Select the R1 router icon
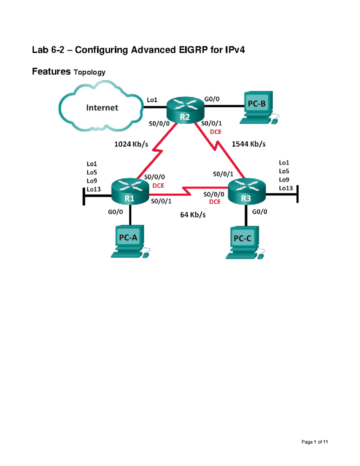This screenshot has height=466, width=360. pyautogui.click(x=130, y=191)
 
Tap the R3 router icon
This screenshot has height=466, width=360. pyautogui.click(x=247, y=191)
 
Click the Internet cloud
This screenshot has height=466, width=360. pyautogui.click(x=101, y=107)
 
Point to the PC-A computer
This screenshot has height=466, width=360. pyautogui.click(x=129, y=241)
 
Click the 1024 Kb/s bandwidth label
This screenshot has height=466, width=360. pyautogui.click(x=131, y=144)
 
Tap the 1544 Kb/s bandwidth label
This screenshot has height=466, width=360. pyautogui.click(x=248, y=144)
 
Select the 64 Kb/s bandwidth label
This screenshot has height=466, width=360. pyautogui.click(x=193, y=215)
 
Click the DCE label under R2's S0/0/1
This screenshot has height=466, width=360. pyautogui.click(x=215, y=132)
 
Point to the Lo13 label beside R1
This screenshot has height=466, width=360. pyautogui.click(x=94, y=190)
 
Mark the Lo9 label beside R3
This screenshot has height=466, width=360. pyautogui.click(x=284, y=180)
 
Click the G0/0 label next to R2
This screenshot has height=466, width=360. pyautogui.click(x=212, y=99)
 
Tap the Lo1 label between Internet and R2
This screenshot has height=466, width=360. pyautogui.click(x=152, y=100)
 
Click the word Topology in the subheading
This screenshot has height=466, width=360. pyautogui.click(x=89, y=72)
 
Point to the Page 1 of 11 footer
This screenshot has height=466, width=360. pyautogui.click(x=314, y=442)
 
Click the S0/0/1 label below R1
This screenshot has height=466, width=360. pyautogui.click(x=161, y=201)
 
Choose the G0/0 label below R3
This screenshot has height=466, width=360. pyautogui.click(x=259, y=212)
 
